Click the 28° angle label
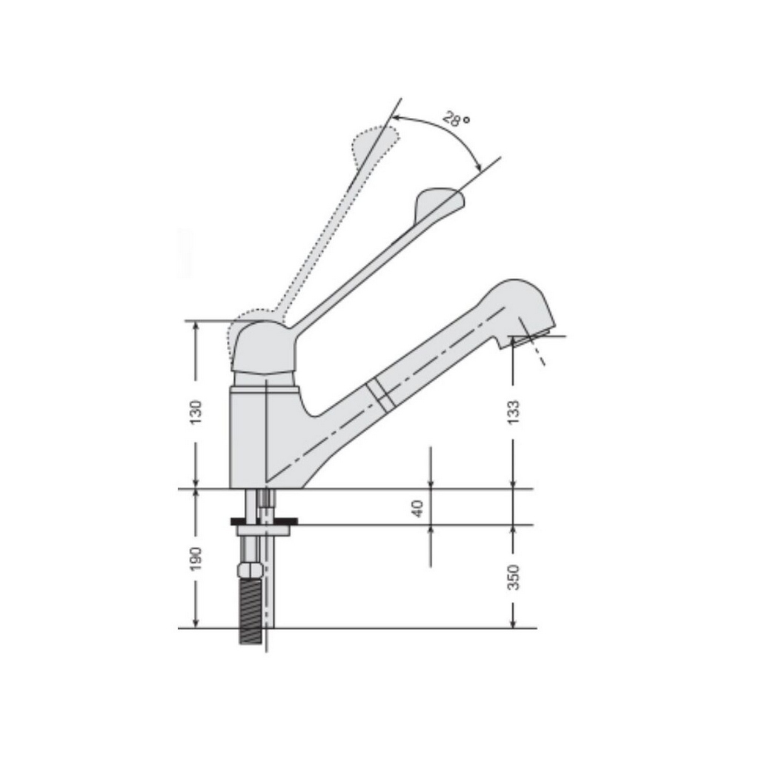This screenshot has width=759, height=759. [x=457, y=119]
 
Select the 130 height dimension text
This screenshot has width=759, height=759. [x=195, y=412]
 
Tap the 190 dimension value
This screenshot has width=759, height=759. [x=195, y=559]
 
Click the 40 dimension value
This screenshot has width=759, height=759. [x=417, y=508]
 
